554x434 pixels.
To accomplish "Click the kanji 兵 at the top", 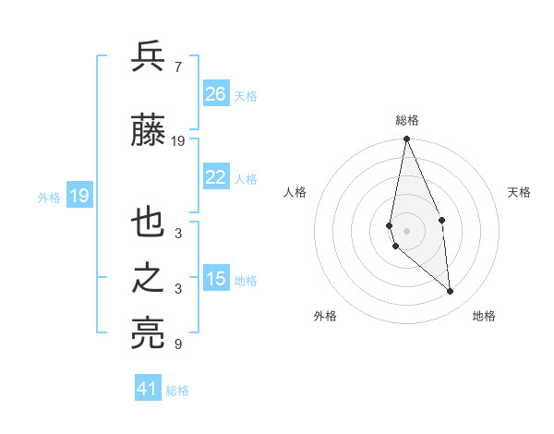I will point(149,57).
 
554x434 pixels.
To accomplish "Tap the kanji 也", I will point(149,224).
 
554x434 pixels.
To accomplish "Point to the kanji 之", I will point(149,280).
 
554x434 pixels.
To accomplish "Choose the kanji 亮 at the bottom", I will point(149,333).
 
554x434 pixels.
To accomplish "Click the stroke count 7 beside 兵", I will point(177,67).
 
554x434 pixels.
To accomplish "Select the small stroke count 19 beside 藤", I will point(179,140).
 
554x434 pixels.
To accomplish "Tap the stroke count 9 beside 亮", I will point(177,344).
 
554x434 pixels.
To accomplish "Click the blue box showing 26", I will point(216,94).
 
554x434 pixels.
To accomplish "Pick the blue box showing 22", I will point(216,177).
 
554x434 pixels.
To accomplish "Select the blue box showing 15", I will point(216,279).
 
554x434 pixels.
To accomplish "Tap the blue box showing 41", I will point(148,389).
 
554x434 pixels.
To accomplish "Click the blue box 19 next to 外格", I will point(78,196).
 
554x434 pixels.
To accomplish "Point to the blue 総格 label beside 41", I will point(177,391).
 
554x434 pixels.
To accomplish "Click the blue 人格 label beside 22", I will point(246,179).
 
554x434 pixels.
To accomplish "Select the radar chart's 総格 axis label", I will point(406,120).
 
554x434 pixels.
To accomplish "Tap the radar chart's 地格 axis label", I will point(484,316).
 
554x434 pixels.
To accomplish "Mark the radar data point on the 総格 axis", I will point(406,139).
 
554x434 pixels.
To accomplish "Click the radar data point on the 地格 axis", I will point(450,291).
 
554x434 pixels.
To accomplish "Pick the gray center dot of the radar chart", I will point(406,230).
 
